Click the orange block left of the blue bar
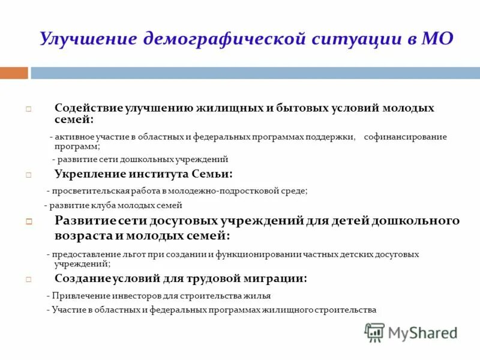point(14,73)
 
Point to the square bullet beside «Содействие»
point(28,110)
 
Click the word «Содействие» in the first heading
point(88,109)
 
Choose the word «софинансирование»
point(405,137)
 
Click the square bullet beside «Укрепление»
point(28,175)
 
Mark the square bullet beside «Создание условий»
point(28,280)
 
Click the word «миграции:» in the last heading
point(280,278)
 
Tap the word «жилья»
point(259,296)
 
